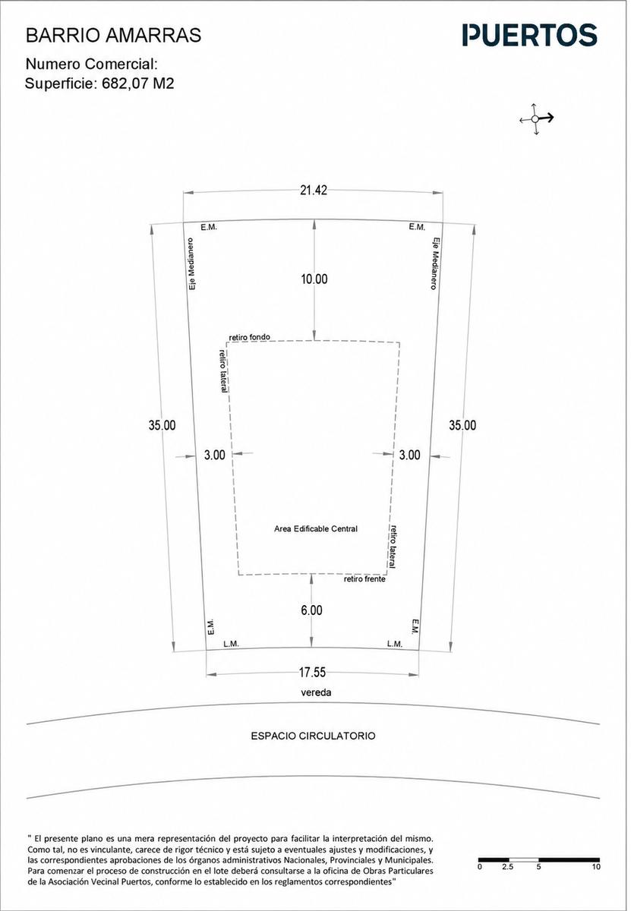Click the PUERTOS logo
(x=529, y=35)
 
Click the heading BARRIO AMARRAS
(x=113, y=36)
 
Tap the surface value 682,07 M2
(x=138, y=84)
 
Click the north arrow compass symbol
(x=536, y=118)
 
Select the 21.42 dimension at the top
(x=314, y=191)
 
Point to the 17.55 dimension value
(x=312, y=673)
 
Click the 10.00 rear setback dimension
(x=314, y=279)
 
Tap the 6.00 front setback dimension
(x=311, y=610)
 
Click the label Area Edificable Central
(x=316, y=528)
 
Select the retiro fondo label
(x=249, y=337)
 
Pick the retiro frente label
(x=364, y=578)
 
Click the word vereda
(x=316, y=692)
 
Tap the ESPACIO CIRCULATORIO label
(x=313, y=736)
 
